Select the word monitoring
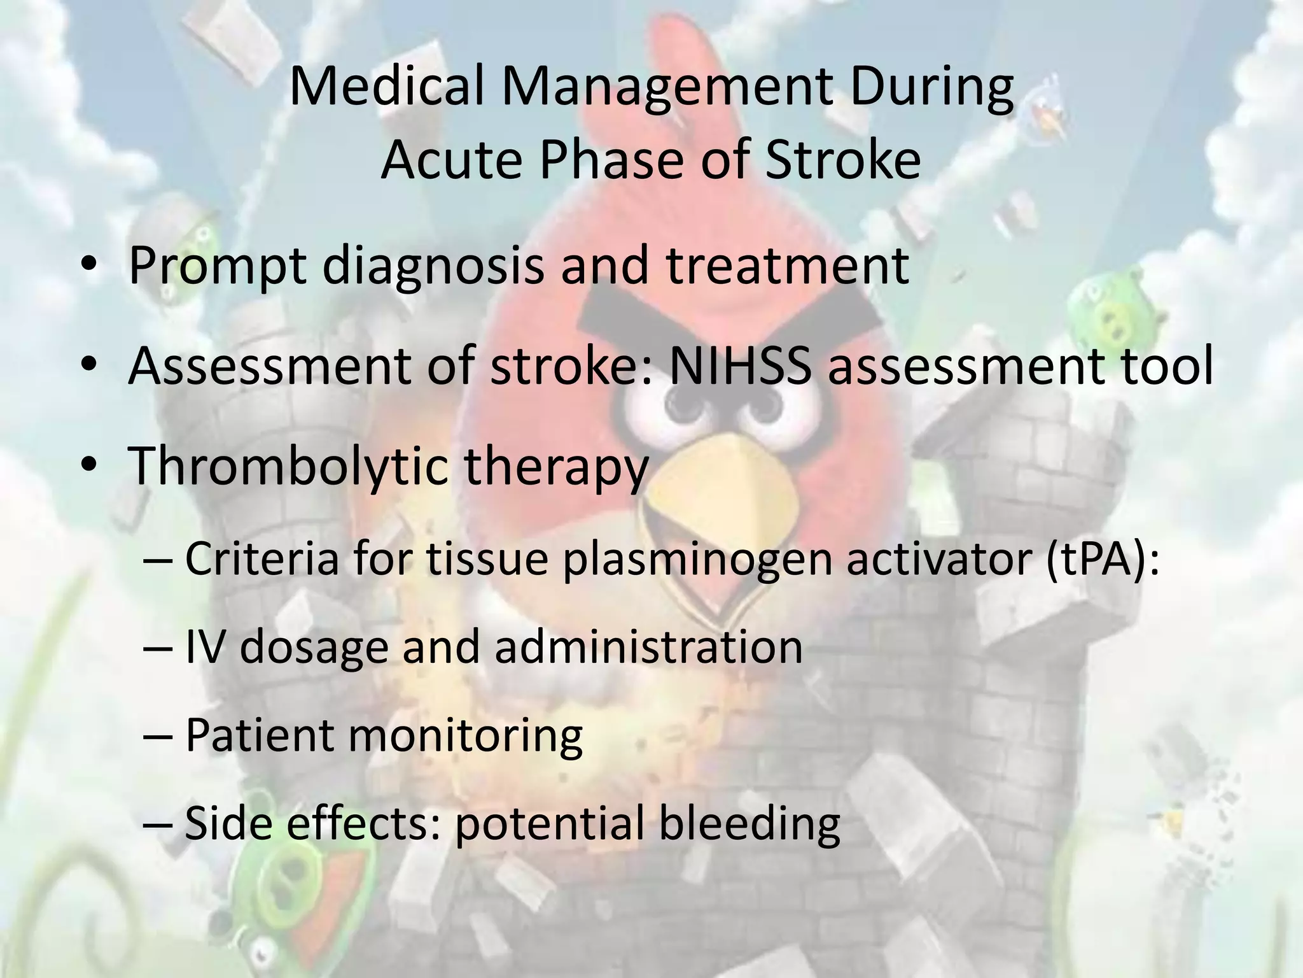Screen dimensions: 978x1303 pos(465,735)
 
